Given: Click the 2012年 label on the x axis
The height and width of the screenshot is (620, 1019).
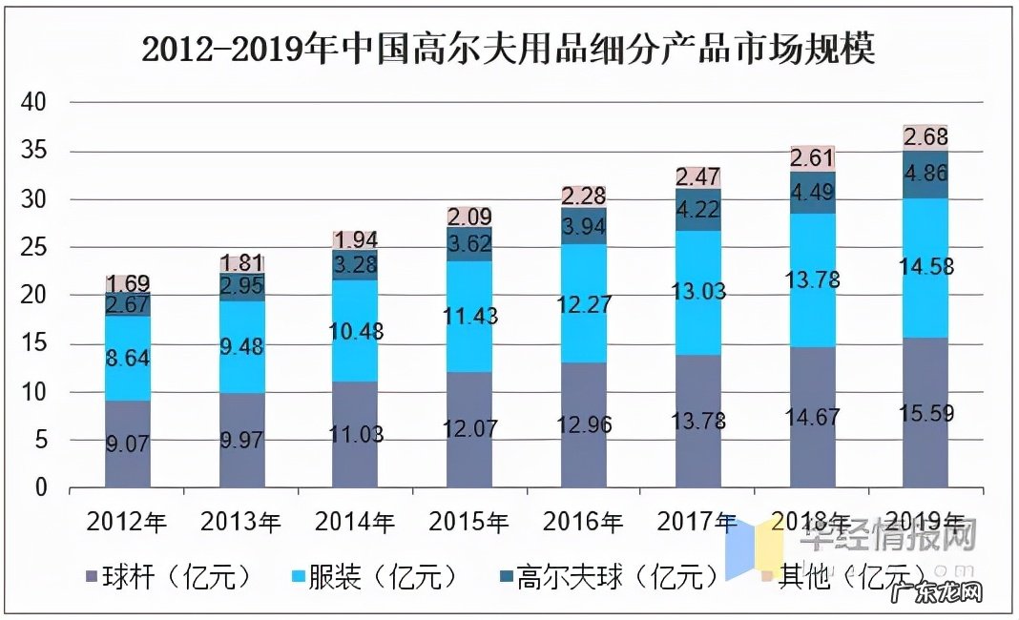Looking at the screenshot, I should point(126,522).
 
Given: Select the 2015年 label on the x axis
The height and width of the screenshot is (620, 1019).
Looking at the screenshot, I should point(468,522).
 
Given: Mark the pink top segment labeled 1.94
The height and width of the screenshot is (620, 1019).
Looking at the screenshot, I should point(355,238).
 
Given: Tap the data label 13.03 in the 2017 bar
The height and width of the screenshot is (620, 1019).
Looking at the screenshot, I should point(697,291).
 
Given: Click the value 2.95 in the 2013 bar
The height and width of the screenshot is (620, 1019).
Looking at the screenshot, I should point(240,285).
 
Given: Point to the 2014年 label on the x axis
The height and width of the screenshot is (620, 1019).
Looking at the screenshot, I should point(355,522).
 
